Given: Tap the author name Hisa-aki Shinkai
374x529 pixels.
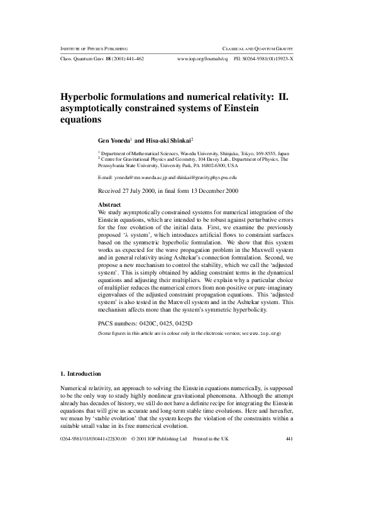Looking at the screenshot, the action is pyautogui.click(x=168, y=141).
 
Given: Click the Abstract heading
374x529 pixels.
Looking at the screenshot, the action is pyautogui.click(x=110, y=205).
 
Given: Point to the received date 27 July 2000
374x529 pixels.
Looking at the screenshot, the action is pyautogui.click(x=138, y=190).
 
